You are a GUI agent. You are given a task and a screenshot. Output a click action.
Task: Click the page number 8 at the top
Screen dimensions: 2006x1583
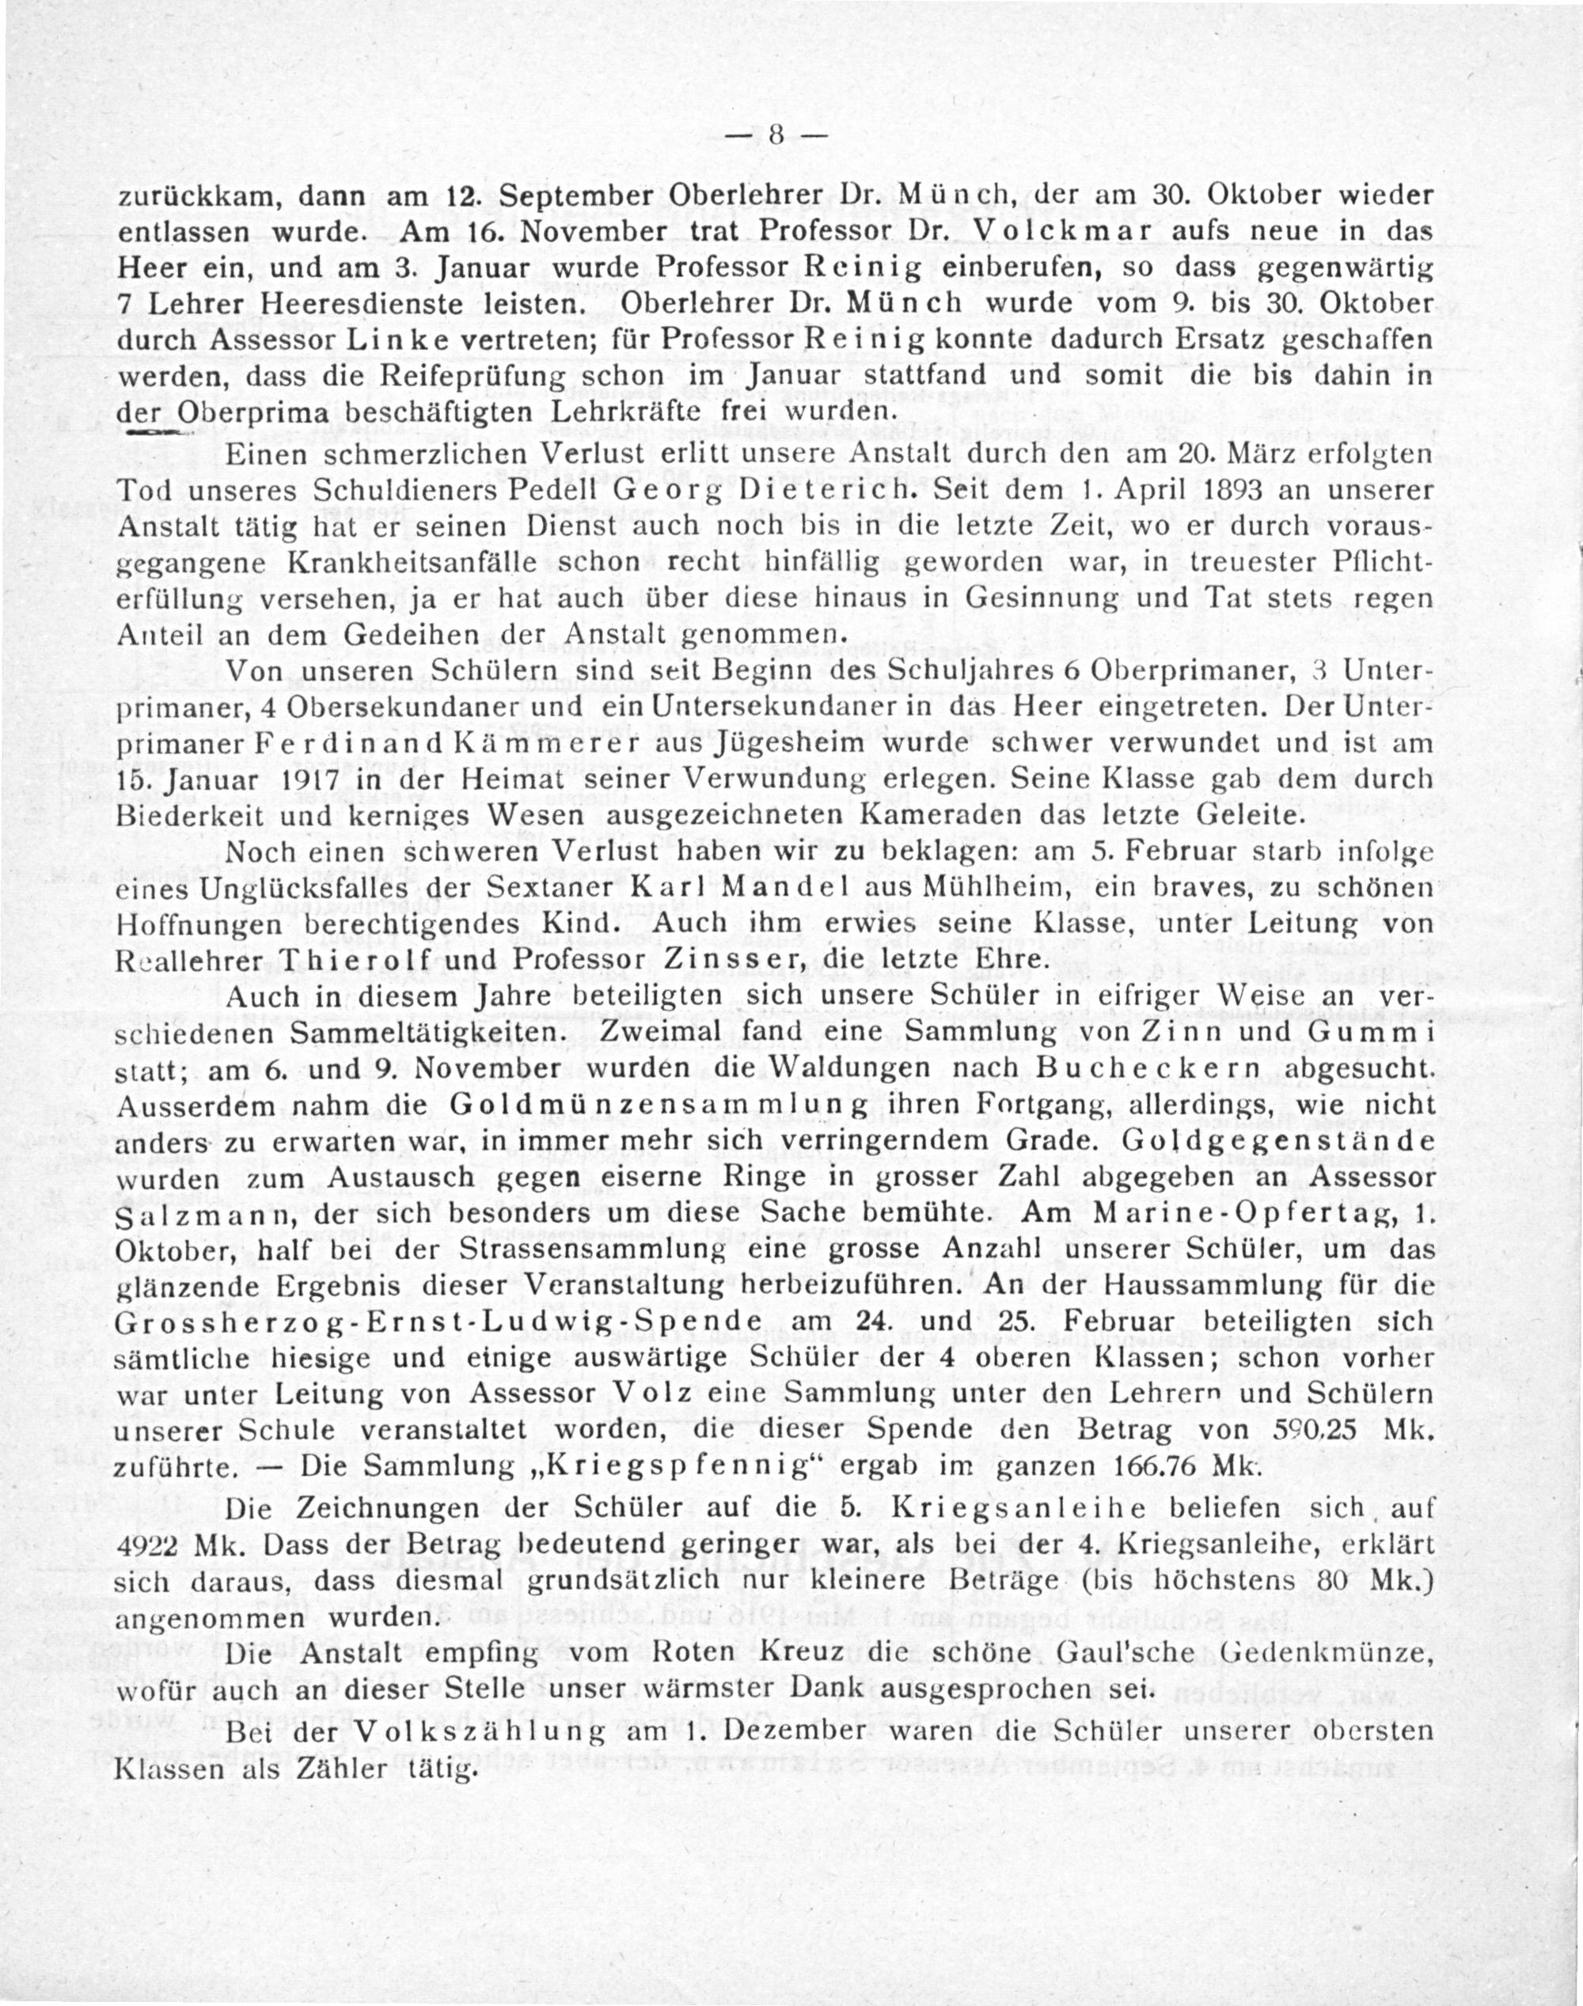775,136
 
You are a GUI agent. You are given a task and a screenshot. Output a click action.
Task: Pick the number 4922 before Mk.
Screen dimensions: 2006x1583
150,1546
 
